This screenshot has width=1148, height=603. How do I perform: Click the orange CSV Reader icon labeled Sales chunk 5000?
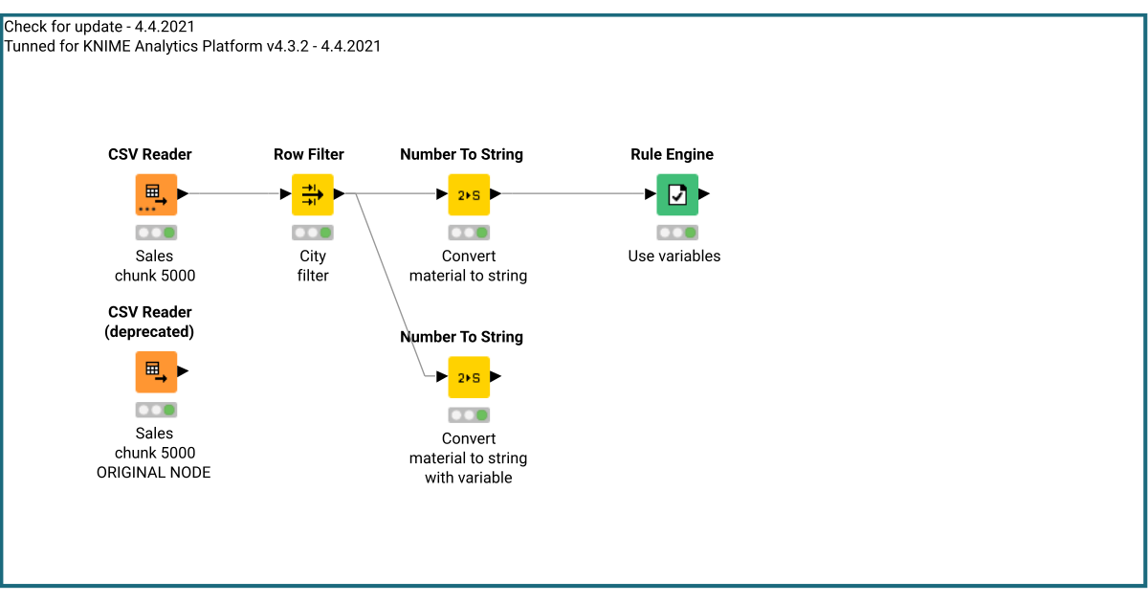tap(156, 194)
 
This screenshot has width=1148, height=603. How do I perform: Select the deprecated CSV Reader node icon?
tap(156, 371)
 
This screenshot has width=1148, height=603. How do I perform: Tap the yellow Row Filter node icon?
tap(313, 194)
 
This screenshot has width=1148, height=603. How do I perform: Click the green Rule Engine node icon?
tap(677, 194)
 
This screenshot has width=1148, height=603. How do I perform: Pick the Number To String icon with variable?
tap(469, 377)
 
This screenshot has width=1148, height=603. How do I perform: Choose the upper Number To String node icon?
tap(469, 194)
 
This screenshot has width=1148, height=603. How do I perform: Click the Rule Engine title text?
tap(672, 154)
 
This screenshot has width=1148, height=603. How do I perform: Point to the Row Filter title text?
tap(308, 154)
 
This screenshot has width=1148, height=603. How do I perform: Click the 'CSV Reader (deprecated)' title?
tap(149, 322)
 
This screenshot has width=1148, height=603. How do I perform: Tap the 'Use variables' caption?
tap(673, 256)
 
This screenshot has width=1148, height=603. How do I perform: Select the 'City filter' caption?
tap(313, 265)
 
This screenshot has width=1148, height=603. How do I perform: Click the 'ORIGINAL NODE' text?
tap(153, 472)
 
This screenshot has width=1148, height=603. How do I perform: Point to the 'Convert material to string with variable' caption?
tap(468, 458)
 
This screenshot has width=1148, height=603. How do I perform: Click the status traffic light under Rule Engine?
tap(677, 233)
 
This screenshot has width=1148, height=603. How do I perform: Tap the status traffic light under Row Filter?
tap(313, 233)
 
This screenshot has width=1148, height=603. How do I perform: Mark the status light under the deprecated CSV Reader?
tap(156, 410)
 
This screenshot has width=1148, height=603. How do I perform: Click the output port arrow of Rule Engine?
tap(704, 194)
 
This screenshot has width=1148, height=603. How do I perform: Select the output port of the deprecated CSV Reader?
tap(183, 371)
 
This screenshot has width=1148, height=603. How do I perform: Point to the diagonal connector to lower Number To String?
tap(390, 287)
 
